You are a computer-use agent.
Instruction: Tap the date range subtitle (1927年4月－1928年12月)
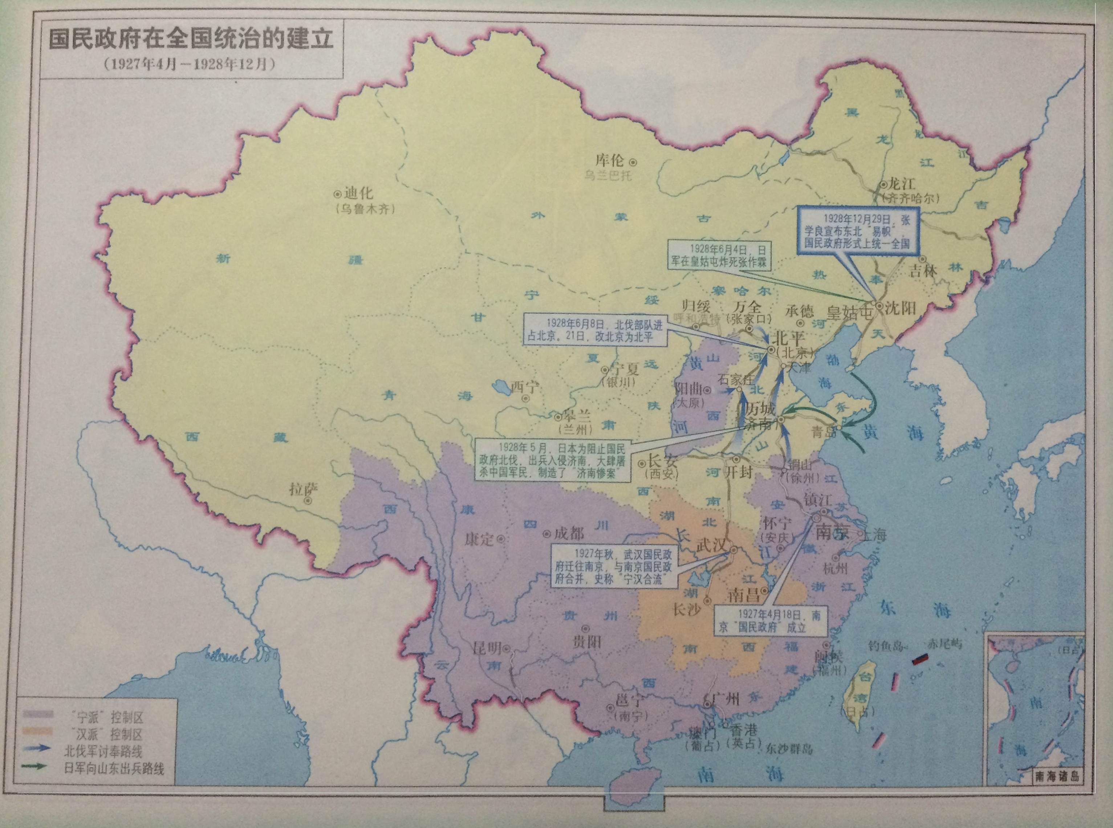191,64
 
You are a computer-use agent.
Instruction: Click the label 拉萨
303,489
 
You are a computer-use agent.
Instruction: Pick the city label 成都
569,533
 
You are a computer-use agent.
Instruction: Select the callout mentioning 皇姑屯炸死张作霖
719,255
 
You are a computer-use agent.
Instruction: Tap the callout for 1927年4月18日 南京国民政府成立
769,620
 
